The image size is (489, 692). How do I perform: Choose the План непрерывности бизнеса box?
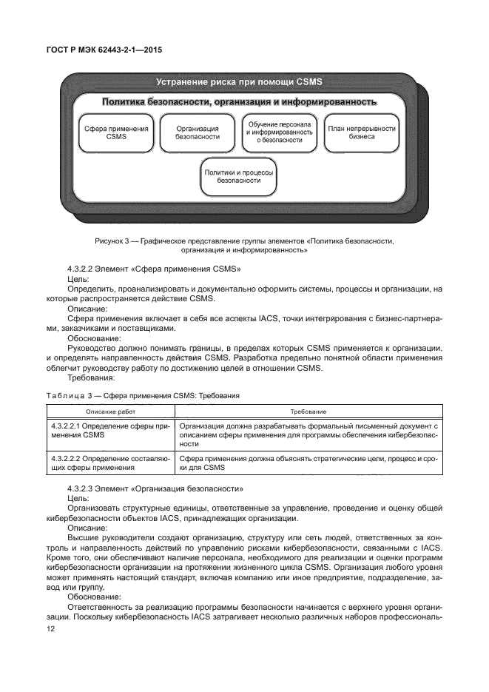click(362, 132)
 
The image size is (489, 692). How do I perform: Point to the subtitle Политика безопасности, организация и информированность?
click(239, 101)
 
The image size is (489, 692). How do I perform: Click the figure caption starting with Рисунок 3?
click(244, 246)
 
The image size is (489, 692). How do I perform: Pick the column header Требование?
click(308, 411)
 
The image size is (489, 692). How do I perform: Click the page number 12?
click(51, 628)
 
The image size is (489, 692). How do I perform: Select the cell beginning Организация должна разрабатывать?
click(308, 435)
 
